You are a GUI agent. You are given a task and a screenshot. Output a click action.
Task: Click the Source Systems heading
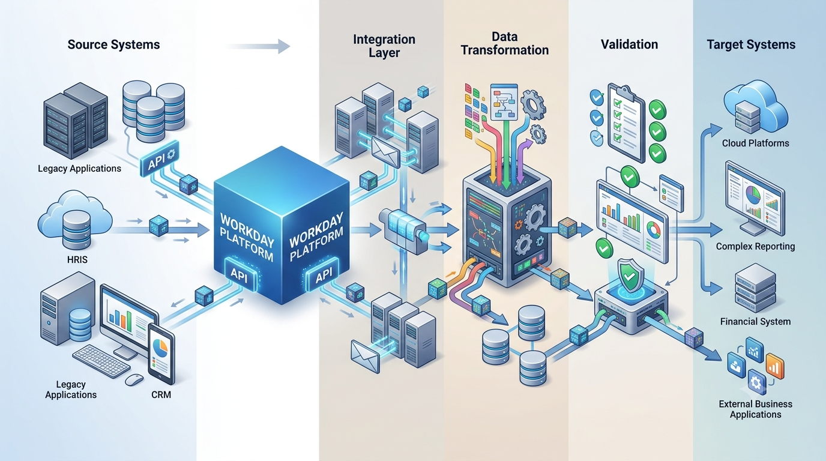tap(113, 44)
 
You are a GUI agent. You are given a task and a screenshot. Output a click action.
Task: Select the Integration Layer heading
tap(384, 46)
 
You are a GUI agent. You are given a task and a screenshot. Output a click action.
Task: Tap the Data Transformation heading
tap(504, 43)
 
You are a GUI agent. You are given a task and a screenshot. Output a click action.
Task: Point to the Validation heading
tap(630, 44)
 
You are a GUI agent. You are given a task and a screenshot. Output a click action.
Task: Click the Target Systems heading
tap(751, 44)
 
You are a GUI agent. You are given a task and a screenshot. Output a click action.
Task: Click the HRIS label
tap(77, 260)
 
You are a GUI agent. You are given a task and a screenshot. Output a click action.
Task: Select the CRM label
tap(161, 394)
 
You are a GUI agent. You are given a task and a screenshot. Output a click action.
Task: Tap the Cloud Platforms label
tap(756, 143)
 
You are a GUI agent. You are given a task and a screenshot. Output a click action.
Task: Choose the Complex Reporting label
tap(756, 246)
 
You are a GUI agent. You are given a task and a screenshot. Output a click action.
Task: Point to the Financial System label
tap(756, 322)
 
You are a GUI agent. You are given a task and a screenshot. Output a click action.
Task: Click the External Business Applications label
tap(756, 409)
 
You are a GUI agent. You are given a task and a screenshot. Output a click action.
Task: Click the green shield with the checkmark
tap(631, 276)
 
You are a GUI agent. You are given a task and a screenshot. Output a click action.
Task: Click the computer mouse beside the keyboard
tap(134, 380)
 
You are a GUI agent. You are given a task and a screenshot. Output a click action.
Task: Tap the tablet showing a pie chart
tap(161, 354)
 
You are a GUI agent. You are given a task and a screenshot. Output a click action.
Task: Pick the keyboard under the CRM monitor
tap(101, 361)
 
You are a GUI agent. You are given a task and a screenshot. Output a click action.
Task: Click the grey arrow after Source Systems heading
tap(258, 46)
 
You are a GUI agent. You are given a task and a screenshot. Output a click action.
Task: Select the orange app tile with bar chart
tap(775, 366)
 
